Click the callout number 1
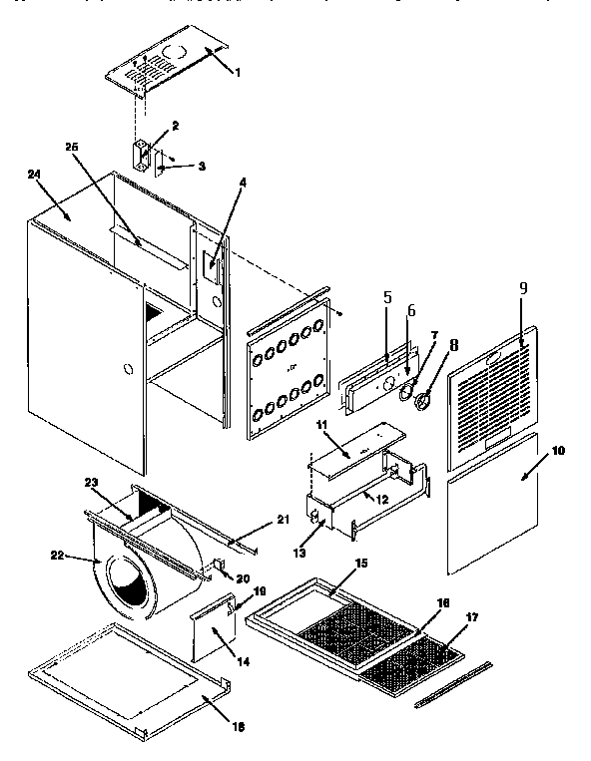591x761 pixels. click(x=237, y=73)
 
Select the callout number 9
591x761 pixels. click(x=522, y=287)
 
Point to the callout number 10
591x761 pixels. click(x=557, y=451)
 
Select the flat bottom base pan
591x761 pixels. click(x=125, y=678)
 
